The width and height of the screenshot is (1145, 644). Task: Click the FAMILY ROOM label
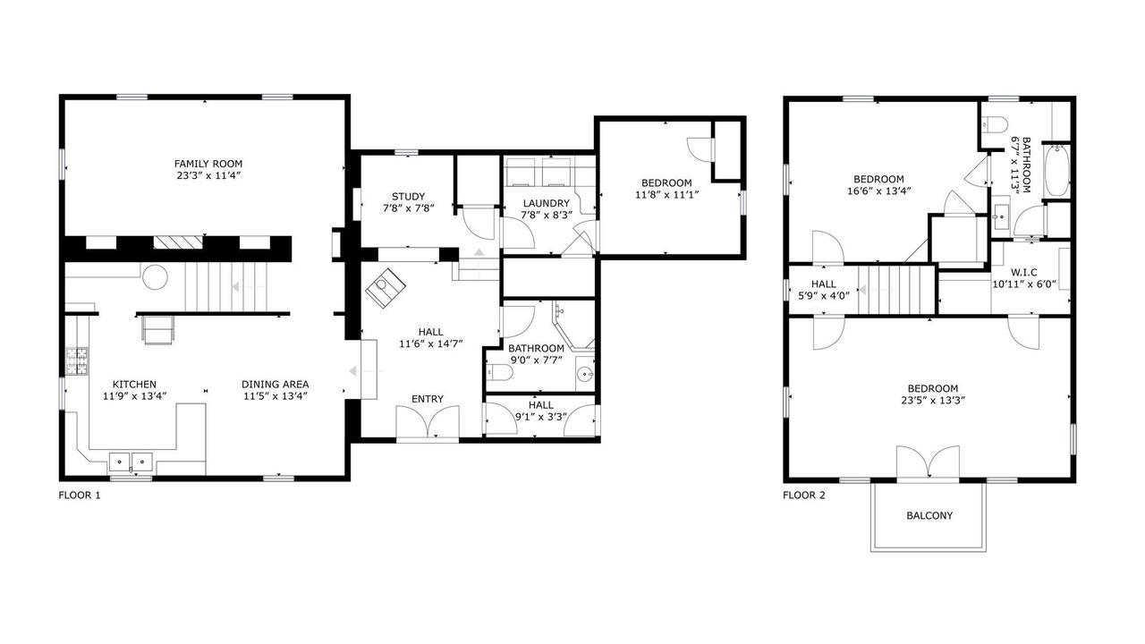click(208, 164)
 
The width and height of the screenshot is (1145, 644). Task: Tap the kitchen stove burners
click(77, 361)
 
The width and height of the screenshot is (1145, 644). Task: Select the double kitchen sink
click(131, 462)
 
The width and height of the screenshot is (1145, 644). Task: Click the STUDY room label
click(409, 197)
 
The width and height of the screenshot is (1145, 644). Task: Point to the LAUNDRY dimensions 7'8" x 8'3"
click(547, 216)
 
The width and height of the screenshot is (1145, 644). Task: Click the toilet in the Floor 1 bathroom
click(499, 373)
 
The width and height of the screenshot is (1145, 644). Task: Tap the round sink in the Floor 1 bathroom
click(585, 374)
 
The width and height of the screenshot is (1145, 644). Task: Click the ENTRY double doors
click(428, 421)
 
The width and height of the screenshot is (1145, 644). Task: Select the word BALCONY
click(929, 516)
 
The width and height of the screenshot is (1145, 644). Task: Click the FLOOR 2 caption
click(804, 496)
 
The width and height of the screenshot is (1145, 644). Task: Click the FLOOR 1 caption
click(80, 496)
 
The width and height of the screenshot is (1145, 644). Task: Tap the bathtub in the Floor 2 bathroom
click(1056, 171)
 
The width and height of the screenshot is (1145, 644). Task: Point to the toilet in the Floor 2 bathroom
click(995, 124)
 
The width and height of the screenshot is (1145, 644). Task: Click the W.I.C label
click(1024, 273)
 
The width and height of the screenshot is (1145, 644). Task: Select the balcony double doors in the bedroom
click(928, 463)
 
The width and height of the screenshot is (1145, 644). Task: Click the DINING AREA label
click(275, 385)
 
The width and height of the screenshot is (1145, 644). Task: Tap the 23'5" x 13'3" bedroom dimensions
click(933, 400)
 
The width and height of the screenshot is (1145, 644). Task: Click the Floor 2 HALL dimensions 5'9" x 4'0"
click(824, 295)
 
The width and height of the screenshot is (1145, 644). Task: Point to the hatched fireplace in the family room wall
click(178, 242)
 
